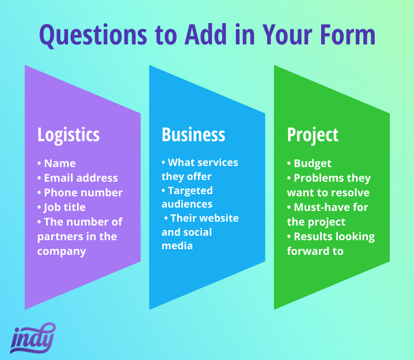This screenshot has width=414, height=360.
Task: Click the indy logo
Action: click(33, 338)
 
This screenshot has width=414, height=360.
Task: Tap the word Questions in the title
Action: click(93, 35)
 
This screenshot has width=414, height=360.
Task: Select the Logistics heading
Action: click(69, 135)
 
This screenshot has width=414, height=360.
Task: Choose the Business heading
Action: click(193, 134)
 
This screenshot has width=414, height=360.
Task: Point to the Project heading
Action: click(313, 135)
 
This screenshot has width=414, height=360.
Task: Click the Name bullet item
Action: click(56, 163)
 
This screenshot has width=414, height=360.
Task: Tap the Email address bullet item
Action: click(78, 178)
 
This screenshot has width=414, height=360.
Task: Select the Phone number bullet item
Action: click(80, 192)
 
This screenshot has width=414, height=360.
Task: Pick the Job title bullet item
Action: click(61, 208)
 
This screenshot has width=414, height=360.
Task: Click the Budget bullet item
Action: click(309, 164)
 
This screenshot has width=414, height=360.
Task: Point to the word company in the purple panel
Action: click(61, 251)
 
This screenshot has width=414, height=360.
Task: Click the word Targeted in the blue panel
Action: click(190, 191)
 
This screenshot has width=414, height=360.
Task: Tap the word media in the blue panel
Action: click(177, 246)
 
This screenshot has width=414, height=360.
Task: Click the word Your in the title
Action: click(287, 35)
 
